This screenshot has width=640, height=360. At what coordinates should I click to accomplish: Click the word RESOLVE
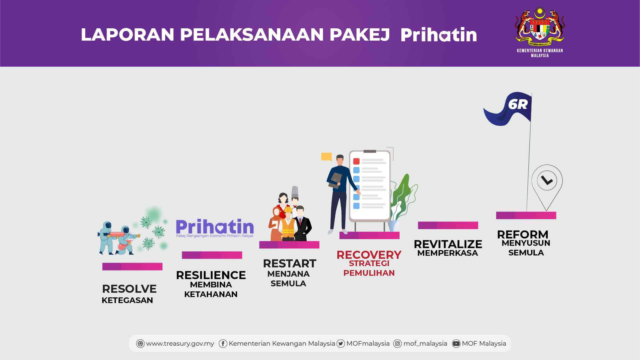tap(129, 289)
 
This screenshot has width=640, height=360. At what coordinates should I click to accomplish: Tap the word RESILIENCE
tap(211, 275)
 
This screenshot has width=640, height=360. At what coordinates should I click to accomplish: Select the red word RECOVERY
tap(369, 255)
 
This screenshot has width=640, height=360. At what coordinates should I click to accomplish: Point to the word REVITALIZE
tap(448, 244)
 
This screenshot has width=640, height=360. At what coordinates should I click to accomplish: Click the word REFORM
tap(522, 234)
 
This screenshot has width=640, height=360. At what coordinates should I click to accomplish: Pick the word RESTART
tap(289, 263)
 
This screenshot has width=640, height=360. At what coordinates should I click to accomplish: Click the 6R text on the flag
tap(518, 105)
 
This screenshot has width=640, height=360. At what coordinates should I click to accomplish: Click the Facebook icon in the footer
tap(223, 344)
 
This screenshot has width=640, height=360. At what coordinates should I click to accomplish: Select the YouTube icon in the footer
tap(456, 344)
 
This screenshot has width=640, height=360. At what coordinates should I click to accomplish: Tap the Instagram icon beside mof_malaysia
tap(397, 344)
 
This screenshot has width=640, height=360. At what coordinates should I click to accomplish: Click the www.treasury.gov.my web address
tap(180, 344)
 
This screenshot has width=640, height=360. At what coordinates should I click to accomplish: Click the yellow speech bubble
tap(327, 157)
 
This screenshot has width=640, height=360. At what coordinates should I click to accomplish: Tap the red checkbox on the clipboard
tap(356, 162)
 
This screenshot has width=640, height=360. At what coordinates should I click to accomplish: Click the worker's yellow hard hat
tap(288, 210)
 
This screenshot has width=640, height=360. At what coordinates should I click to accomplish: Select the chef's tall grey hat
tap(295, 192)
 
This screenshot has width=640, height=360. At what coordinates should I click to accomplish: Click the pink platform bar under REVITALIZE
tap(448, 225)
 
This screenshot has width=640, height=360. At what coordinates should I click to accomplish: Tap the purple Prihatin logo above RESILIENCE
tap(215, 228)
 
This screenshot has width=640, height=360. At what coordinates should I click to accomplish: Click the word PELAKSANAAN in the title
tap(252, 35)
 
